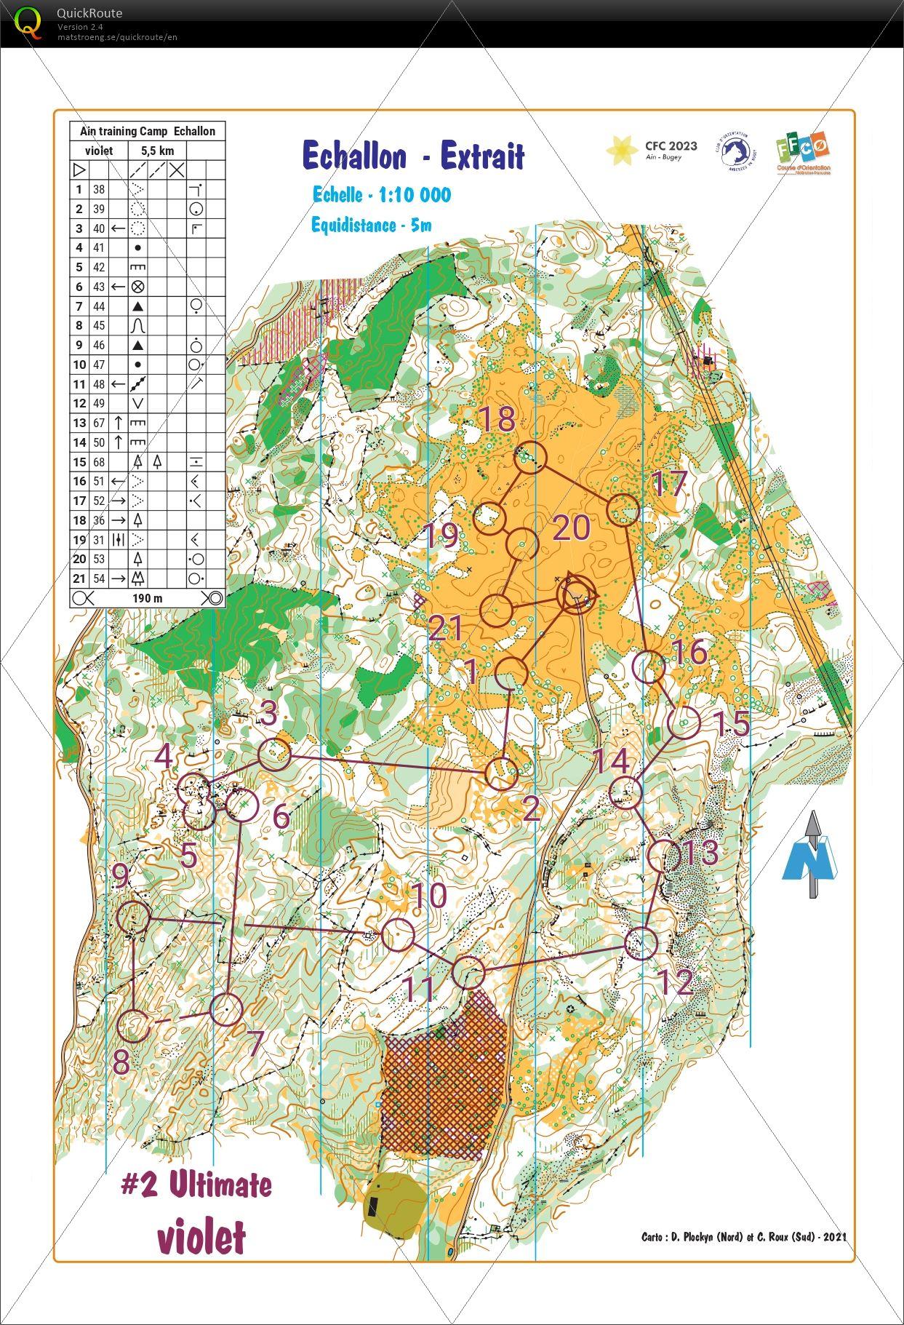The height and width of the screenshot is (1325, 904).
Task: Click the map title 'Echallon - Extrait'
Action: pos(412,156)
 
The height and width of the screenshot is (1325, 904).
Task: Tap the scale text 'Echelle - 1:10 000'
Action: pos(381,195)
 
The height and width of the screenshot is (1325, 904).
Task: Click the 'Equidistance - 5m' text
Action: pos(371,225)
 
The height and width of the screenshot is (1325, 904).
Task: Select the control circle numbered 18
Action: pos(530,457)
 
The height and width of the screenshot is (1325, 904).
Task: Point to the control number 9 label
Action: pos(121,876)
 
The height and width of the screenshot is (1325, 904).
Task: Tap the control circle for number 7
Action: pos(226,1009)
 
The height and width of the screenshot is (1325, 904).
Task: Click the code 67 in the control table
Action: pos(99,423)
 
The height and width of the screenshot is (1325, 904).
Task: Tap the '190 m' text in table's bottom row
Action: pos(147,598)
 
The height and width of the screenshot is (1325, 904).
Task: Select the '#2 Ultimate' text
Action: pos(196,1185)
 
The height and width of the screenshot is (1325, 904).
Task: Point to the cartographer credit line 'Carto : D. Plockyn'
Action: pos(743,1236)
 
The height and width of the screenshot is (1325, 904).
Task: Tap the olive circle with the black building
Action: pos(395,1203)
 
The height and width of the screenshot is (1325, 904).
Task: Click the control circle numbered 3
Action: pos(274,755)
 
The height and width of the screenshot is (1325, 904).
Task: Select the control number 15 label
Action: pos(729,723)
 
